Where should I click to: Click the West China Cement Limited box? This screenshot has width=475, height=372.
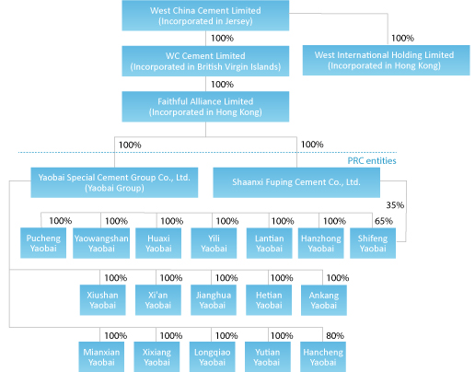205,16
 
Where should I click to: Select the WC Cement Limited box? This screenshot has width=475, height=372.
205,61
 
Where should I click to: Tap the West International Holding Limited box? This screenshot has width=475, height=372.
386,60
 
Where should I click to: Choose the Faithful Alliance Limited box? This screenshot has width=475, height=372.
205,107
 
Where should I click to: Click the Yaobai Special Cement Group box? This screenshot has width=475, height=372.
114,182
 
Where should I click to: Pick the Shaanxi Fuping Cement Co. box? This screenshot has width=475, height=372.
296,182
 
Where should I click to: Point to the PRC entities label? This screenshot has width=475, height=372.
372,160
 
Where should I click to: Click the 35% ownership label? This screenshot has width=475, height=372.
395,205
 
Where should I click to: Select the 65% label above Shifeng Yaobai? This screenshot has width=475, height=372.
384,221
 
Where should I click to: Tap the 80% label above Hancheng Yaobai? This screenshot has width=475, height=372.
335,335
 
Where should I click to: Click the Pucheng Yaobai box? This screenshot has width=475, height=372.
43,243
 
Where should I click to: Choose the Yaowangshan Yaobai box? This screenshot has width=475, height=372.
101,243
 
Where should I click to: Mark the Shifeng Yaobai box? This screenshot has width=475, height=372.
373,243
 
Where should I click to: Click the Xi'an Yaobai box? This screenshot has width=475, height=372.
158,300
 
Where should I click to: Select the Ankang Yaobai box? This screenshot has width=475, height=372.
324,300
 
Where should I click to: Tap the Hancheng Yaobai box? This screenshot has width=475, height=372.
323,357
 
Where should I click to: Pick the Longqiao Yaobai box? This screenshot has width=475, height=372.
213,357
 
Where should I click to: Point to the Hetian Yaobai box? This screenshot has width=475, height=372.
269,300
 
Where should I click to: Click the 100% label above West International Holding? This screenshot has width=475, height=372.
402,38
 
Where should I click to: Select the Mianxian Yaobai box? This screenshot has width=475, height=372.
101,357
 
